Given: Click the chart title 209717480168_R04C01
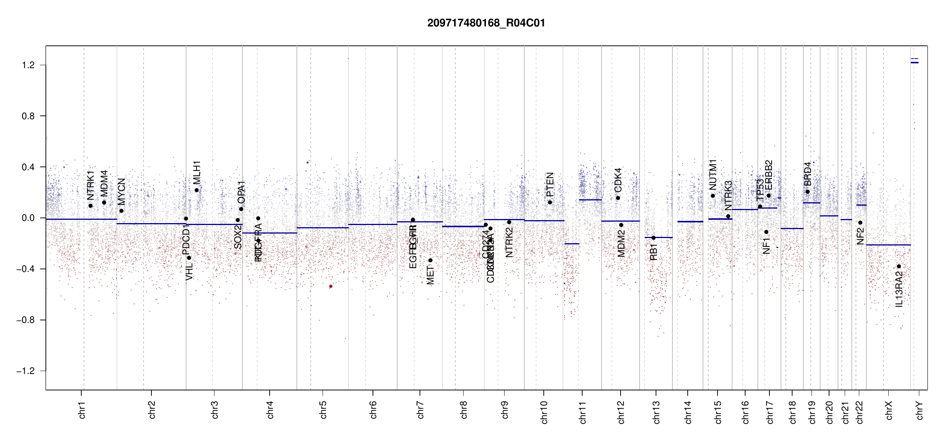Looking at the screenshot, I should point(486,23).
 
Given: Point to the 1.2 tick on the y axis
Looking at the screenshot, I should point(28,65).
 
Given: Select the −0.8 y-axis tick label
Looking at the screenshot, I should point(25,320).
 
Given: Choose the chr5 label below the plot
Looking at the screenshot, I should point(323,410).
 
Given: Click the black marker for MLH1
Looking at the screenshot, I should point(197,190).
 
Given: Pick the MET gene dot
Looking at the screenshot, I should point(430,260).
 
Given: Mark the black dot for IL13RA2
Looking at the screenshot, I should point(899,266).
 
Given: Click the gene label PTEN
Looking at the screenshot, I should point(550,184).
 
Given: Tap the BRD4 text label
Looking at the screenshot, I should point(807,174).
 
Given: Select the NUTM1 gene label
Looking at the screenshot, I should point(713,174).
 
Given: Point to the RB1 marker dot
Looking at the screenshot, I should point(653,238).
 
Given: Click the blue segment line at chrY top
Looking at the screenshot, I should point(914,63).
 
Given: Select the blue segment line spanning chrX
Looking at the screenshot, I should point(888,245).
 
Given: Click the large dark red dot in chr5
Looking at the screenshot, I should point(330,286).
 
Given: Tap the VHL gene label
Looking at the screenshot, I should point(189,271).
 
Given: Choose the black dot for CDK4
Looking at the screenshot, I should point(618,198).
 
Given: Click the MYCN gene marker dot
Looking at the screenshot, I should point(121,211).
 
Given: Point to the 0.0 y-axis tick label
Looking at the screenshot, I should point(28,218).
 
